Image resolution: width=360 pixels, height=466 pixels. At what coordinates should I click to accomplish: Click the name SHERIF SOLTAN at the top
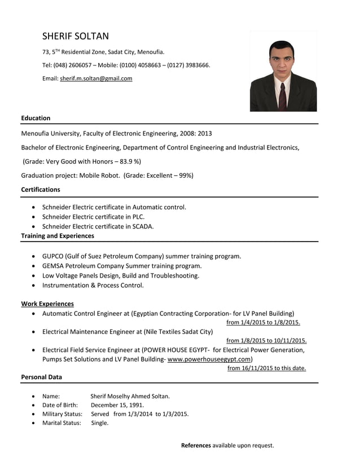(x=76, y=36)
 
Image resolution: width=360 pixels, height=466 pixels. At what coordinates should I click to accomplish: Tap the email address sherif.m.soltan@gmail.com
(x=96, y=78)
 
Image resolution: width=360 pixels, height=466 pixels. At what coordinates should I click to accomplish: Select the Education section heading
(x=36, y=118)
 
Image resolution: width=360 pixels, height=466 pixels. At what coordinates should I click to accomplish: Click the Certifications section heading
(x=41, y=190)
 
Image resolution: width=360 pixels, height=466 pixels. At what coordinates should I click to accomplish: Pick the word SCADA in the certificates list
(x=142, y=226)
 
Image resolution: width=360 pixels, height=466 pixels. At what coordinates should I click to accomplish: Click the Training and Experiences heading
(x=58, y=236)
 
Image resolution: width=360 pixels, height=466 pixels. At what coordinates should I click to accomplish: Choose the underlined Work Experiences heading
(x=47, y=304)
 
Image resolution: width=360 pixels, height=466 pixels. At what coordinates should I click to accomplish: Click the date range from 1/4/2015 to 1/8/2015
(x=263, y=323)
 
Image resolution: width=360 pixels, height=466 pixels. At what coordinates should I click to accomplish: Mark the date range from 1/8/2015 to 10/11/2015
(x=266, y=341)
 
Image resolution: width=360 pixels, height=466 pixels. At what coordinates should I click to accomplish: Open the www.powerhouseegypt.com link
(x=209, y=359)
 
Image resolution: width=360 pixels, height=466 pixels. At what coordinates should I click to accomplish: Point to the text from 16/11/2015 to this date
(x=266, y=368)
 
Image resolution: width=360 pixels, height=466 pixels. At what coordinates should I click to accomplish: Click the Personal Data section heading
(x=41, y=377)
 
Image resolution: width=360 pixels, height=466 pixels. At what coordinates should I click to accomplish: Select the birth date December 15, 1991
(x=117, y=405)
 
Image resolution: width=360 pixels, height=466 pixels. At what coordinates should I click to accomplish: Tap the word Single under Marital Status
(x=99, y=423)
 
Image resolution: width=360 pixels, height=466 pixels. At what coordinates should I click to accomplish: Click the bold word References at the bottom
(x=195, y=446)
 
